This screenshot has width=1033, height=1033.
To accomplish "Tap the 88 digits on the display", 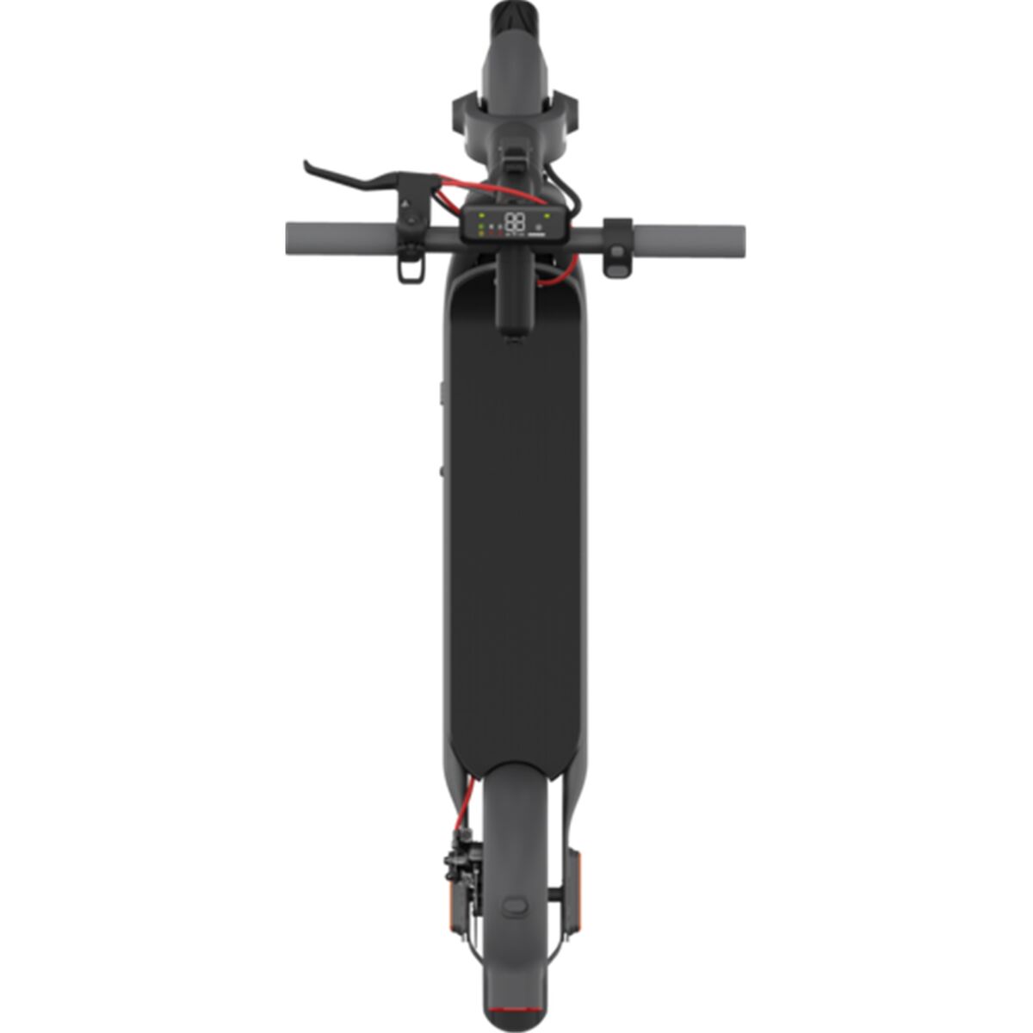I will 515,220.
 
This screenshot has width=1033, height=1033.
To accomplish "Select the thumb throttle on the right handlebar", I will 617,251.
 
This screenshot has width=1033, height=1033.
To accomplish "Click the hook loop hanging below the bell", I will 411,268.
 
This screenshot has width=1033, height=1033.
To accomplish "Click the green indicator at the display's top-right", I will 547,210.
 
